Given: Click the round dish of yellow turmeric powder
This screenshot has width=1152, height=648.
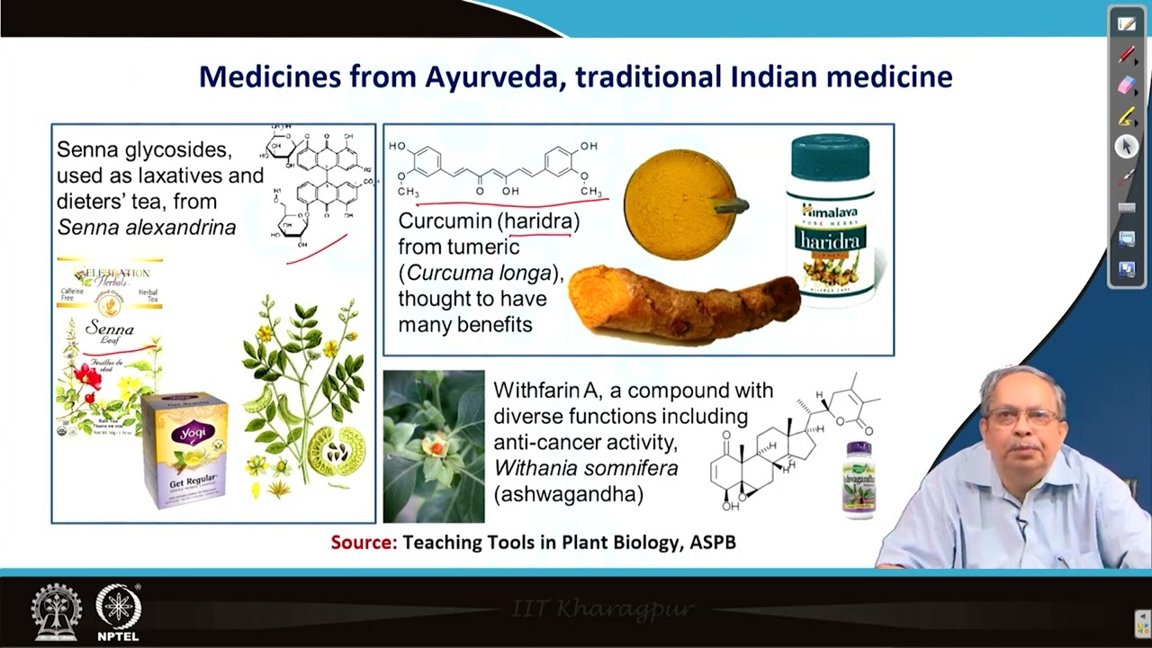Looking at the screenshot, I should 680,204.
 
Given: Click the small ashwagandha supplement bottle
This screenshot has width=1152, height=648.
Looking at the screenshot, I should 859,480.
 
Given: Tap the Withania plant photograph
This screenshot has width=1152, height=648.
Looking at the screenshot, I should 434,446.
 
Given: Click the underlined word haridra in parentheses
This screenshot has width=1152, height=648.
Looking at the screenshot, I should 541,220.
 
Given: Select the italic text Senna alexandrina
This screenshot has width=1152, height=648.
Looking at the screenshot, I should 146,228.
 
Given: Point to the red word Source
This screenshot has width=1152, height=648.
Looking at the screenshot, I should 364,542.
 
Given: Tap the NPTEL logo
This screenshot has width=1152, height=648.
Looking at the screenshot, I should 118,612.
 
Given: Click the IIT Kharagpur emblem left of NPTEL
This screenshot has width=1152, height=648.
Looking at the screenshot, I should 56,612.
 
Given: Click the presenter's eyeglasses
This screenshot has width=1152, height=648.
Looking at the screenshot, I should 1021,417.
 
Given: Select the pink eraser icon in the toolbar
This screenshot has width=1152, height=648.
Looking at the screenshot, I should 1127,85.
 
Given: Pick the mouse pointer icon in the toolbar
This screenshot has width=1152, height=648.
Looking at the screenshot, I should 1127,147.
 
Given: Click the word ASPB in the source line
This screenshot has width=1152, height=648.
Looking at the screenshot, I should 713,542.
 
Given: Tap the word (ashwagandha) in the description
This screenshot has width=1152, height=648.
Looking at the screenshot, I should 569,494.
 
